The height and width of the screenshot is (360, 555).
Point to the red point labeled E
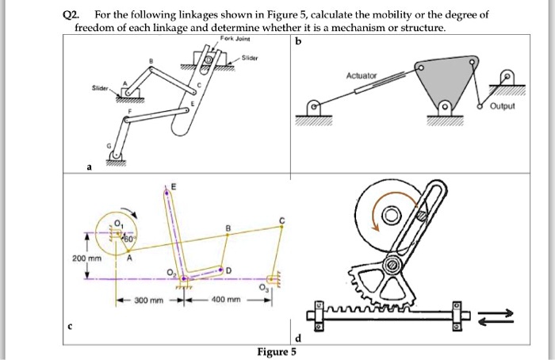(x=166, y=191)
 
